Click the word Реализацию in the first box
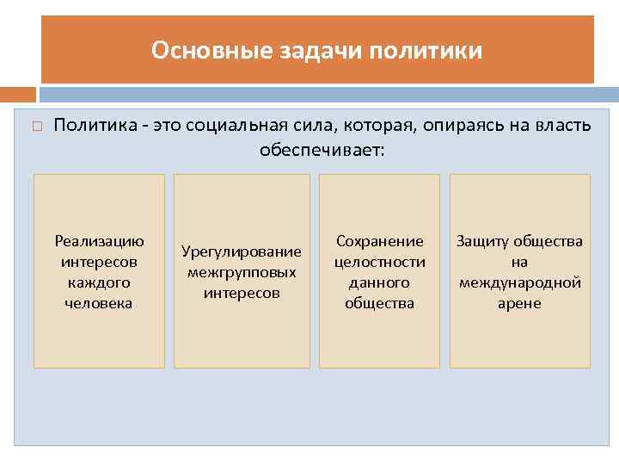99,241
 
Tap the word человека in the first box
99,303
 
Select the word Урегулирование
242,251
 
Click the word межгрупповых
242,272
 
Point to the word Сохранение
379,241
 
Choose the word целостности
379,262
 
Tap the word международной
519,282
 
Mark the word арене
519,303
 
